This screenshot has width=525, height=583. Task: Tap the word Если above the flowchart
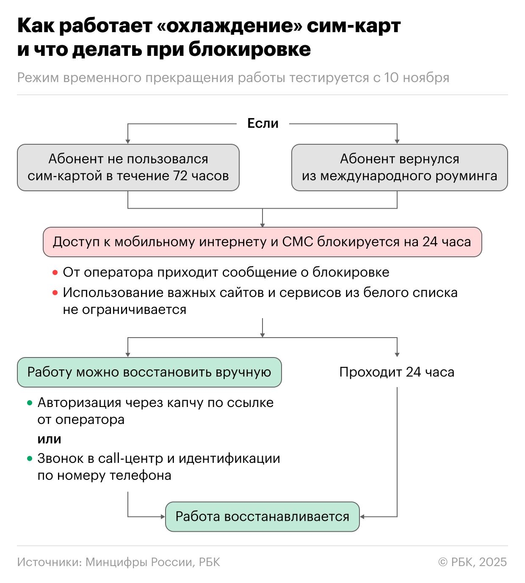pyautogui.click(x=263, y=124)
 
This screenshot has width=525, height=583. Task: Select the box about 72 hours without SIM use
pyautogui.click(x=128, y=168)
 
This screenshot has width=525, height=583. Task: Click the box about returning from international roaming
pyautogui.click(x=399, y=168)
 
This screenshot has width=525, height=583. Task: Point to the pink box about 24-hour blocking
pyautogui.click(x=262, y=242)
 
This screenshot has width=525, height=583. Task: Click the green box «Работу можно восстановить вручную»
pyautogui.click(x=149, y=372)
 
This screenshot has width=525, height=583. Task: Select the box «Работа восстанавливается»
pyautogui.click(x=262, y=517)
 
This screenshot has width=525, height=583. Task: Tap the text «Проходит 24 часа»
pyautogui.click(x=397, y=372)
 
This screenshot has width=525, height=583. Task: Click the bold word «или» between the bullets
pyautogui.click(x=49, y=439)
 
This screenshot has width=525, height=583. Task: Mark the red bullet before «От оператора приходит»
pyautogui.click(x=55, y=273)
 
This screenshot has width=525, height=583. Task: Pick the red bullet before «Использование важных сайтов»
pyautogui.click(x=55, y=293)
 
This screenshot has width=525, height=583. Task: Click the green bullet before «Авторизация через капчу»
pyautogui.click(x=30, y=403)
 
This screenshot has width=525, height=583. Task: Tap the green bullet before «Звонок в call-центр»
pyautogui.click(x=30, y=459)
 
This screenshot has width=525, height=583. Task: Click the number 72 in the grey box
pyautogui.click(x=180, y=176)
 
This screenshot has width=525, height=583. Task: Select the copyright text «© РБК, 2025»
pyautogui.click(x=472, y=562)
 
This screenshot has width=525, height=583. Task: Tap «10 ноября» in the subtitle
pyautogui.click(x=417, y=78)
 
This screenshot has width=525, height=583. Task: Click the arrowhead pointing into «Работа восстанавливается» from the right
pyautogui.click(x=362, y=517)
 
